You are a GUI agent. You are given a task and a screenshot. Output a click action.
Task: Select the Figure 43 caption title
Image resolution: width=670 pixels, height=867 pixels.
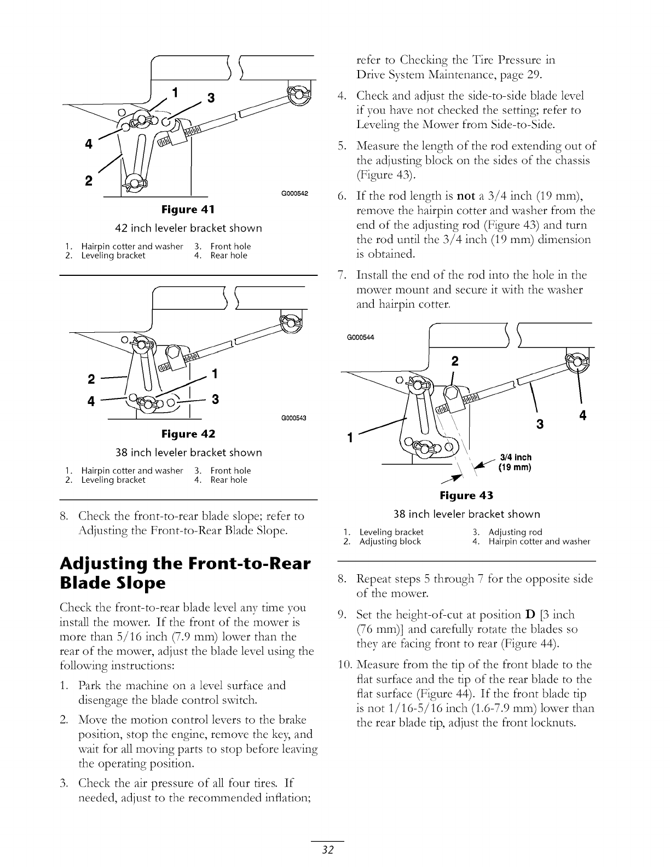466,495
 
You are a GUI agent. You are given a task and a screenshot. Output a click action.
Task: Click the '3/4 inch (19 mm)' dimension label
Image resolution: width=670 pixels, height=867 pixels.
515,463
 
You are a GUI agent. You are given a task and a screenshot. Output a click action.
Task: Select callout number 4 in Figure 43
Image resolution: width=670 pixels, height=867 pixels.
582,416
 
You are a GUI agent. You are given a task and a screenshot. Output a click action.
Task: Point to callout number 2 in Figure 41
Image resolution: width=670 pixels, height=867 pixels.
88,181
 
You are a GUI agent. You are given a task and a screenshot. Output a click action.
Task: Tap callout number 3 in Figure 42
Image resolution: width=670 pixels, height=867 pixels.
215,399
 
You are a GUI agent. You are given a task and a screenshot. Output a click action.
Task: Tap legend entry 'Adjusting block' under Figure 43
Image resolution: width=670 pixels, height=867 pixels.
390,542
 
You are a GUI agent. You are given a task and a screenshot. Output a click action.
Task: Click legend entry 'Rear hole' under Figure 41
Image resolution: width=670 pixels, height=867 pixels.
229,256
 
